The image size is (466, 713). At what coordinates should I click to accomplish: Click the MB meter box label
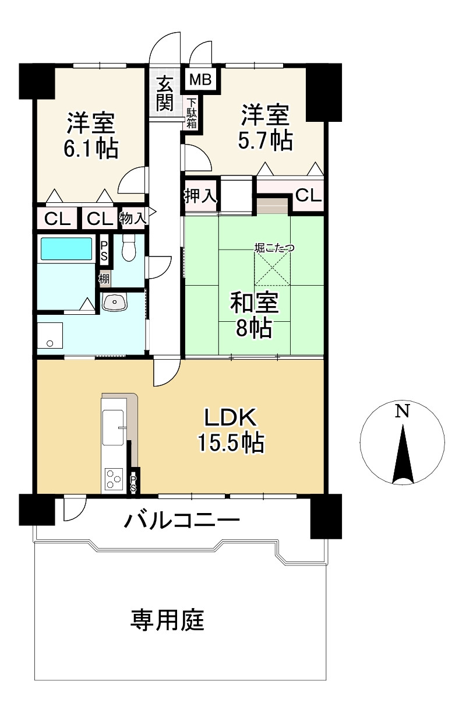tap(200, 79)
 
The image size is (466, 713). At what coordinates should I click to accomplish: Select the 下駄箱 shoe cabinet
tap(192, 113)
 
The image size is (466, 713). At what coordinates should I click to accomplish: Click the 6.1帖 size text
tap(91, 149)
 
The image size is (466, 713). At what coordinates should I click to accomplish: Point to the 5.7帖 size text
tap(265, 140)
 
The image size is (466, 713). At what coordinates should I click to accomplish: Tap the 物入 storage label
tap(133, 219)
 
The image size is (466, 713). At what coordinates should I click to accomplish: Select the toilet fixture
tap(129, 248)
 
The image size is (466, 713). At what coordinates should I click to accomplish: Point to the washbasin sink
tap(115, 302)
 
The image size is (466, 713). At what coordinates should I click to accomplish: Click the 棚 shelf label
tap(104, 279)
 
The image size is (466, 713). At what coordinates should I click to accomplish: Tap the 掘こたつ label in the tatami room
tap(274, 247)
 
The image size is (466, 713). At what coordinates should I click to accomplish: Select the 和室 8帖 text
tap(254, 315)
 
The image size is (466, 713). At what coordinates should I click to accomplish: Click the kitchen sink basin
tap(113, 427)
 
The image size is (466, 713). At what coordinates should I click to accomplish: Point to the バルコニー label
tap(182, 521)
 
